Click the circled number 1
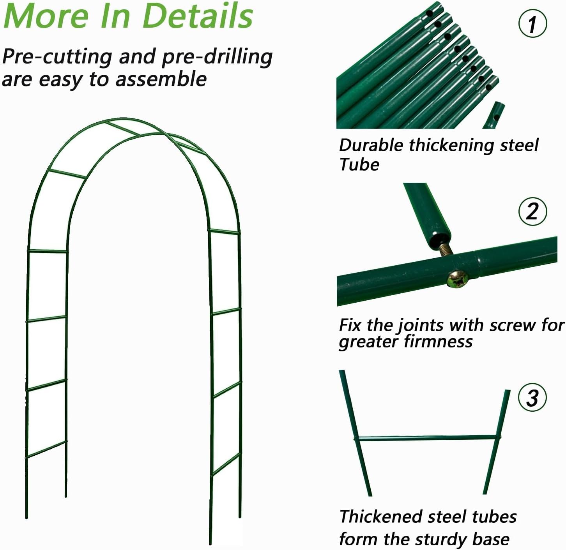click(x=532, y=23)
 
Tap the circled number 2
click(x=532, y=211)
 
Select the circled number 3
click(x=532, y=398)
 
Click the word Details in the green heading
click(x=198, y=16)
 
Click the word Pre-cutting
click(x=57, y=57)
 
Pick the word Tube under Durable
click(x=359, y=164)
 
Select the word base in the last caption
click(x=491, y=539)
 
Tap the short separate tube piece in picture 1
click(x=494, y=115)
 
